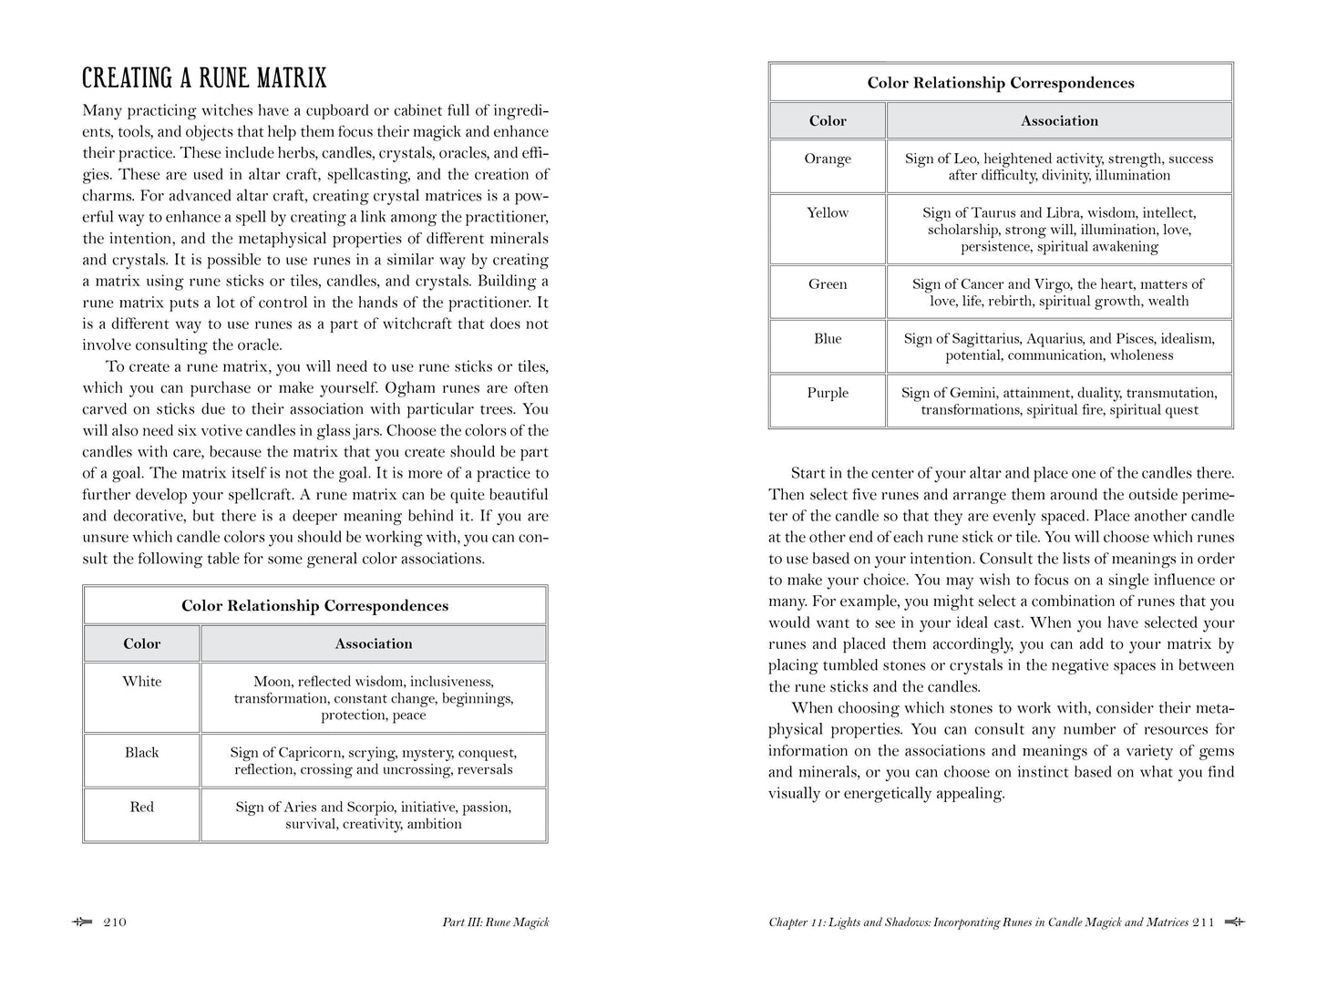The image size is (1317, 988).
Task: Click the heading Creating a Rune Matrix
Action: point(204,77)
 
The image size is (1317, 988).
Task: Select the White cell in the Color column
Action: point(141,682)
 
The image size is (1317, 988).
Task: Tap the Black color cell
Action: point(141,753)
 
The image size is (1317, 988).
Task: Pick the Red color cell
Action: point(141,808)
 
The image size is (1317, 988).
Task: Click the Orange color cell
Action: point(827,159)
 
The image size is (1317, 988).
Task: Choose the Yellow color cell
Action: point(827,213)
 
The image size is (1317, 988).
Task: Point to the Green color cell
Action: point(827,284)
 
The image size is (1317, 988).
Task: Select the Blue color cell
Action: point(827,339)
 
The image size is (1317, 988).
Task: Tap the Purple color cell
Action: point(827,394)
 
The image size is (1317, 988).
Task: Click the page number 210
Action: point(115,922)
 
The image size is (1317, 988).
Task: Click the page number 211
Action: point(1203,922)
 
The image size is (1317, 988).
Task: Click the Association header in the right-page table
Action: point(1059,120)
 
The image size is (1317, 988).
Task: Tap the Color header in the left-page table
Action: point(141,643)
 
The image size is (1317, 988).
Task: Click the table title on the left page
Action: point(314,606)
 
